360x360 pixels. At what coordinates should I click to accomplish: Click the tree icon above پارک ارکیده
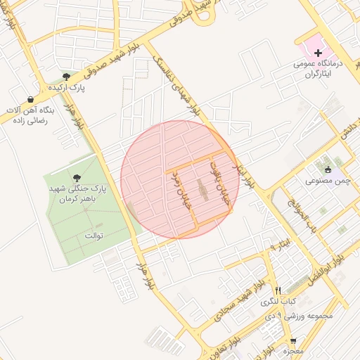65,76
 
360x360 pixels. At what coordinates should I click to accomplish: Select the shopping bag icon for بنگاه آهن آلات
30,99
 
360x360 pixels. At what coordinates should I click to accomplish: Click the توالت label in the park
94,234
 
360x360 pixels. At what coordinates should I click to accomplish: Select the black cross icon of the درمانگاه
318,53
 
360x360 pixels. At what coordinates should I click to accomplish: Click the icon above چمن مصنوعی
328,169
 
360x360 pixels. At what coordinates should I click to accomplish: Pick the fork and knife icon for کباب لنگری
278,290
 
